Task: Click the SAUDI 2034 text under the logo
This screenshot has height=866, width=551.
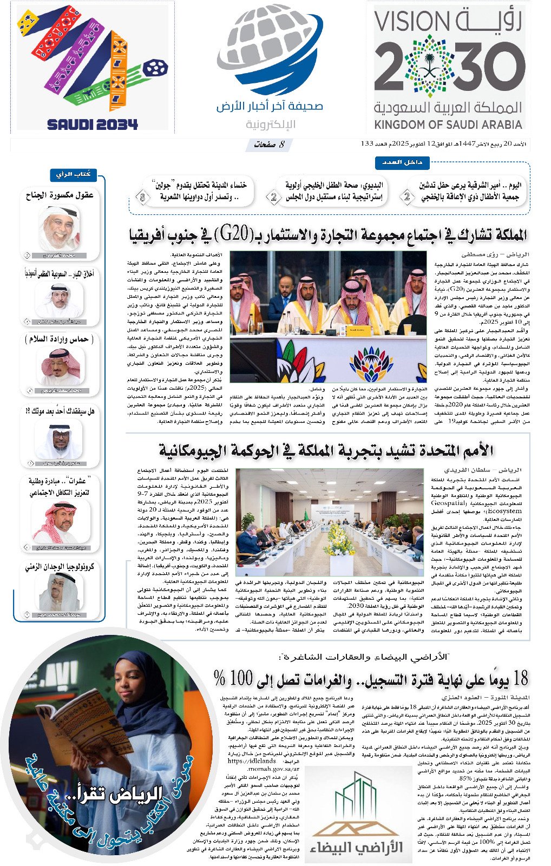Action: point(93,124)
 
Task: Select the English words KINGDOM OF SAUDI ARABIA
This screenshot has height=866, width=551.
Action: point(448,124)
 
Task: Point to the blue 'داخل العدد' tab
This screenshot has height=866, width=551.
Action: point(402,162)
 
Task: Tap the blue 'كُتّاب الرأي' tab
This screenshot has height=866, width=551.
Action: point(74,174)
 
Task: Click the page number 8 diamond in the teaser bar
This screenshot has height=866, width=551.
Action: point(142,198)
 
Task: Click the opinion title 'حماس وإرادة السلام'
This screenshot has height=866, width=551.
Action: point(60,339)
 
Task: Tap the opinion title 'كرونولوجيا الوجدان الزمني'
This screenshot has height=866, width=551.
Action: point(60,567)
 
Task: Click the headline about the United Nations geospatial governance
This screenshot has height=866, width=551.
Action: point(326,450)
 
